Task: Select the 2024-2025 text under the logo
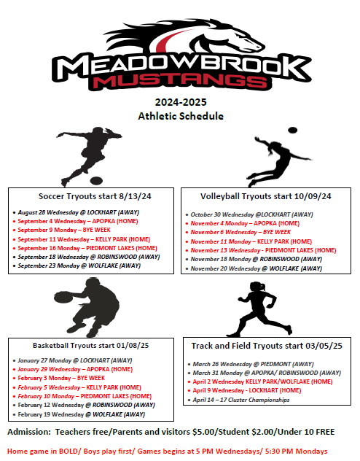pos(180,102)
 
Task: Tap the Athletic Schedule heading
pos(180,116)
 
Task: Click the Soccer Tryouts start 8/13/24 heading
pos(90,196)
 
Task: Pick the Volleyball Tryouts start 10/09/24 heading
pos(265,196)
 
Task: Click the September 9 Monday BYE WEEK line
pos(61,230)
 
